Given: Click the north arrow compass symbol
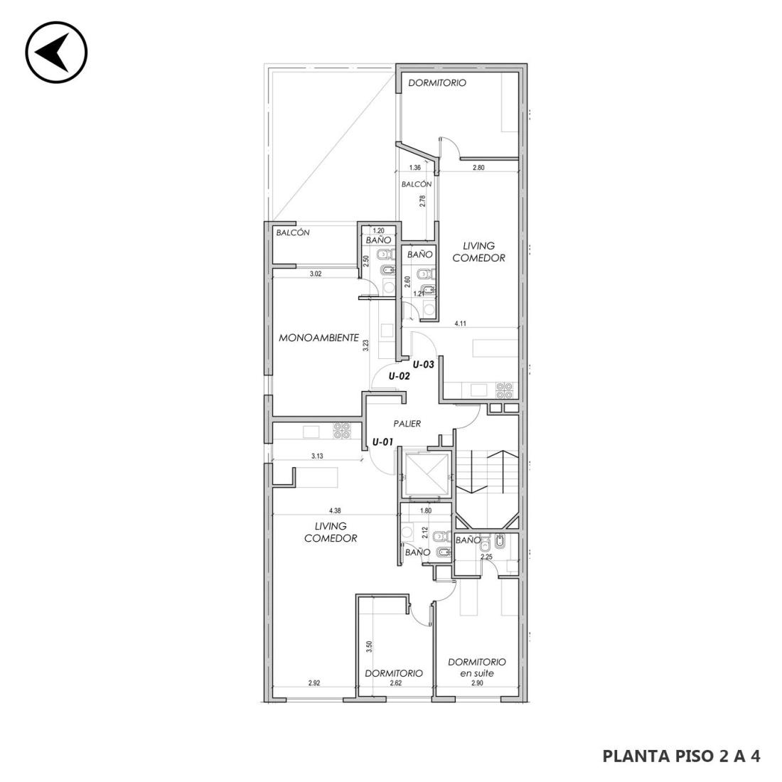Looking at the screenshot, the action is [56, 53].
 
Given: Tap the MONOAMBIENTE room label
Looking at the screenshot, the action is [318, 338].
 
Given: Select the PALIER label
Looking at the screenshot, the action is [407, 424].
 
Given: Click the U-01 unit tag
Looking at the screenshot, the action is [383, 441].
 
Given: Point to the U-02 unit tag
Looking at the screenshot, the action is [399, 376].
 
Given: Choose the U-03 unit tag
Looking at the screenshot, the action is [424, 365].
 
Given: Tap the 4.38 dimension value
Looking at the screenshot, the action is [335, 510].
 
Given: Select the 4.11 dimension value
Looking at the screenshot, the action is [460, 323].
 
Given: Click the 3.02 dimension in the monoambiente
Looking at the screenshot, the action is [316, 274].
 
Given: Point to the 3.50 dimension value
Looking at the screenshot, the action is [369, 647].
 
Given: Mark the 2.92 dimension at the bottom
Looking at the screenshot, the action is [314, 683].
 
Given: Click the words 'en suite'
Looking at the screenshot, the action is [477, 673].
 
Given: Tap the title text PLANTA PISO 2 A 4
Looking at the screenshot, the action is [681, 756].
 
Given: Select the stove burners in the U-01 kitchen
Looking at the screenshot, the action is [342, 430].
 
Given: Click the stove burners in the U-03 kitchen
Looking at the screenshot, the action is [505, 390].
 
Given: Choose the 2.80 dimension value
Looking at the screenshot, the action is [478, 168].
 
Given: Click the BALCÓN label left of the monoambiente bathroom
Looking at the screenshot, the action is [293, 232].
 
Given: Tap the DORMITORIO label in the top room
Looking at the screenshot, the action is [437, 82].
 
